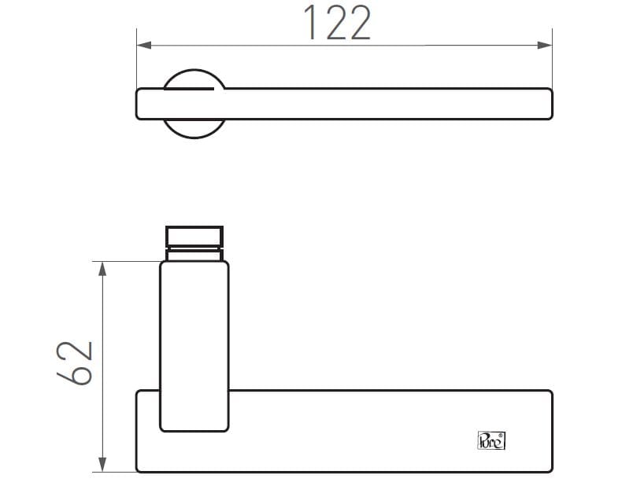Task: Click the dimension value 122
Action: click(336, 23)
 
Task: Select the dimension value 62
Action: click(76, 362)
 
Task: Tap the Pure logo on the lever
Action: click(492, 440)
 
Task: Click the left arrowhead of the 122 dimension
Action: click(144, 46)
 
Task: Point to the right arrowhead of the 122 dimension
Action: click(545, 46)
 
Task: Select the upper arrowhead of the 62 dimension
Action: click(102, 269)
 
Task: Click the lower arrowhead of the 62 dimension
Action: click(102, 464)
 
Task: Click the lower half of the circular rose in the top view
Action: click(195, 128)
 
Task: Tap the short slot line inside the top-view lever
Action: click(189, 90)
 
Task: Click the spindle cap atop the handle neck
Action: click(194, 235)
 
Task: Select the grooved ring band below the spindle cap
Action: click(194, 252)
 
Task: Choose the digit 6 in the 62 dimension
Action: click(76, 376)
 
